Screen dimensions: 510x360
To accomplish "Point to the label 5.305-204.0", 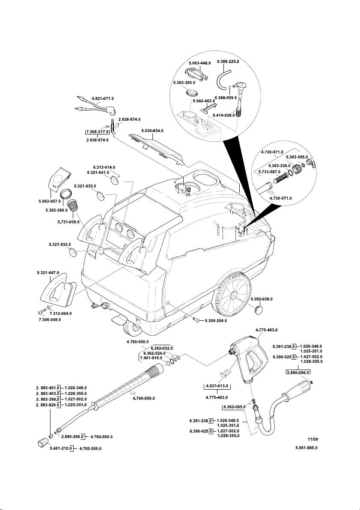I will coord(216,320).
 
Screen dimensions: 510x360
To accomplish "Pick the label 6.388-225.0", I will coord(228,62).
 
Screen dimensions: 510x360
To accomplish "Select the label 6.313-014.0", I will coord(104,167).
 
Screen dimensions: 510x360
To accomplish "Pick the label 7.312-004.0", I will coord(60,313).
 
